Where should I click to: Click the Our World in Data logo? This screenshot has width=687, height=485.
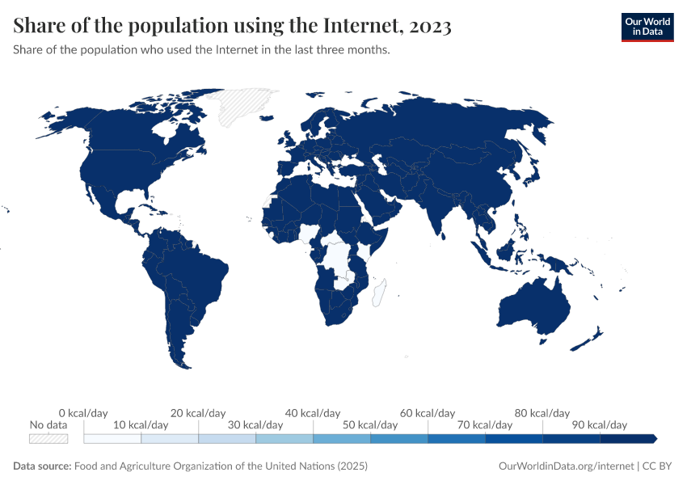pyautogui.click(x=647, y=27)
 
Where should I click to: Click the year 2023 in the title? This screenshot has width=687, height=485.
pyautogui.click(x=431, y=27)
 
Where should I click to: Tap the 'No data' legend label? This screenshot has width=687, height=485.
pyautogui.click(x=48, y=424)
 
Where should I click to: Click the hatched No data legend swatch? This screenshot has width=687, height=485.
pyautogui.click(x=48, y=438)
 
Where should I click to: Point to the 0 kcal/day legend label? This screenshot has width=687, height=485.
pyautogui.click(x=83, y=413)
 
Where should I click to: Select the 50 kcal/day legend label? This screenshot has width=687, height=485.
pyautogui.click(x=370, y=424)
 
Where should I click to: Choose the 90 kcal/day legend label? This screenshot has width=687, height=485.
pyautogui.click(x=600, y=424)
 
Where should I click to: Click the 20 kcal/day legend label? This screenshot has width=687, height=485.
pyautogui.click(x=198, y=413)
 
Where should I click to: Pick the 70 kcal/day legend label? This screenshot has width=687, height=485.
pyautogui.click(x=485, y=424)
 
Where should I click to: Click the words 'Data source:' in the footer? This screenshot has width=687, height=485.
pyautogui.click(x=42, y=466)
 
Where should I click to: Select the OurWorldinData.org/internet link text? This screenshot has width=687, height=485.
pyautogui.click(x=566, y=466)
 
